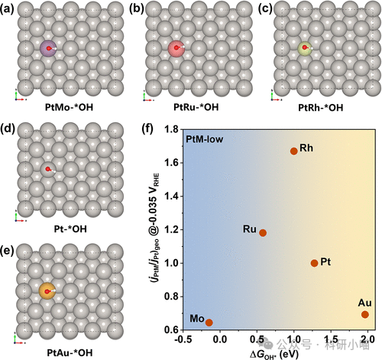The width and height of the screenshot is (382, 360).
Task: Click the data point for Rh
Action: point(293,151)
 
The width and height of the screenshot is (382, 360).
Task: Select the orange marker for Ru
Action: point(263,232)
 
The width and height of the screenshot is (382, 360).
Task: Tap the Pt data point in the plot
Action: point(314,263)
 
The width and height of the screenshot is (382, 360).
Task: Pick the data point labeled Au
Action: point(365,314)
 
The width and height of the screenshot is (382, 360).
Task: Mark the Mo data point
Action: point(209,323)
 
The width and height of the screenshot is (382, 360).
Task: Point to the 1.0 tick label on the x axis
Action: point(294,339)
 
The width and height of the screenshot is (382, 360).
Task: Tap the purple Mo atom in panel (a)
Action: point(49,49)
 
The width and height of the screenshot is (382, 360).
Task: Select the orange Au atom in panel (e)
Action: point(47,290)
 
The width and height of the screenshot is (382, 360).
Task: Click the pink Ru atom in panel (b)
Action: point(177,50)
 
